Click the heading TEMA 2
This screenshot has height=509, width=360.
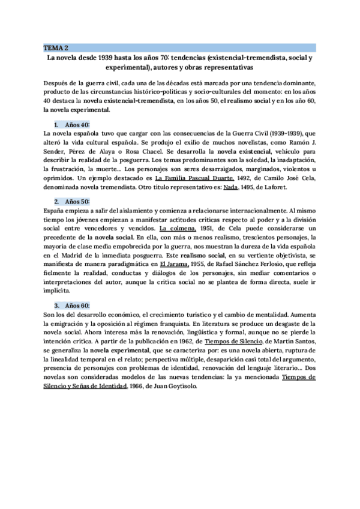coord(56,47)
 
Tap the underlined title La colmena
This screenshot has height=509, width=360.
coord(177,229)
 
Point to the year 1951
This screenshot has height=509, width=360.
coord(207,229)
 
